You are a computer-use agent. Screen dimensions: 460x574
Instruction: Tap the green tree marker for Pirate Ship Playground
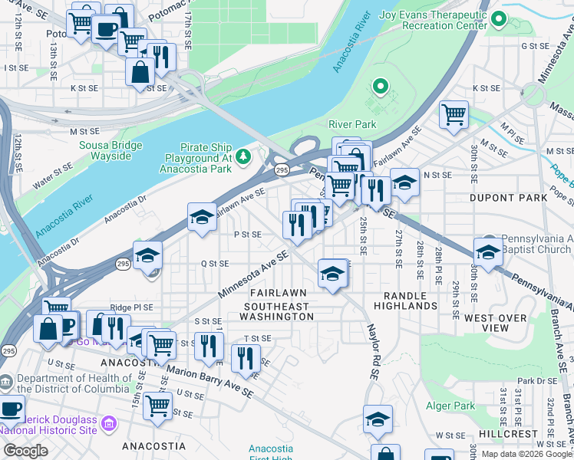click(x=243, y=156)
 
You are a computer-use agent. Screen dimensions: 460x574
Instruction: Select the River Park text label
click(x=352, y=124)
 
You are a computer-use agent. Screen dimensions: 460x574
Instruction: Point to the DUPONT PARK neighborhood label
click(x=507, y=198)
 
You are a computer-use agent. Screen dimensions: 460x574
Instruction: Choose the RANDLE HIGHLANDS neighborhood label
click(x=405, y=300)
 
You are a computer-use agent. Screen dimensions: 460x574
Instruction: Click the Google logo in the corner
click(x=25, y=451)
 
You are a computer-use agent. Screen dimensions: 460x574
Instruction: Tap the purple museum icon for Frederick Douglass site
click(x=108, y=422)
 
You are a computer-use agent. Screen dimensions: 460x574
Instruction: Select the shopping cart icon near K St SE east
click(x=454, y=113)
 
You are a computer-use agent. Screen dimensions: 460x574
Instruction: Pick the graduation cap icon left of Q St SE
click(x=147, y=255)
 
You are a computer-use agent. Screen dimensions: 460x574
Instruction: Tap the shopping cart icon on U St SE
click(x=157, y=406)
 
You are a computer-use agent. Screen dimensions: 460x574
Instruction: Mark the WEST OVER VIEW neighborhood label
click(x=496, y=323)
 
